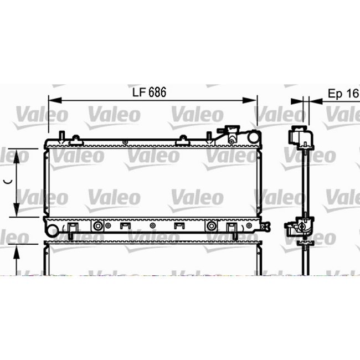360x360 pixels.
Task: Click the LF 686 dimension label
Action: click(148, 93)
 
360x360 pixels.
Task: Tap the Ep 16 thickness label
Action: click(343, 93)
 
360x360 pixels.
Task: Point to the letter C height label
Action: click(7, 181)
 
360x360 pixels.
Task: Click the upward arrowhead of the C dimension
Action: click(18, 155)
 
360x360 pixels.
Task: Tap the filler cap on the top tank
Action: click(229, 133)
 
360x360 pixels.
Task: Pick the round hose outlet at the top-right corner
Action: click(253, 136)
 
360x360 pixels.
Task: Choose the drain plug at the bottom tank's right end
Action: click(266, 225)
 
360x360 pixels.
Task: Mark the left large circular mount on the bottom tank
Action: click(98, 226)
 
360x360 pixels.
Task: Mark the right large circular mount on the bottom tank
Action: click(211, 226)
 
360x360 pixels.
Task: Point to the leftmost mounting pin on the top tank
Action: click(62, 136)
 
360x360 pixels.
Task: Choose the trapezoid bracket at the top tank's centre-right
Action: click(183, 141)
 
